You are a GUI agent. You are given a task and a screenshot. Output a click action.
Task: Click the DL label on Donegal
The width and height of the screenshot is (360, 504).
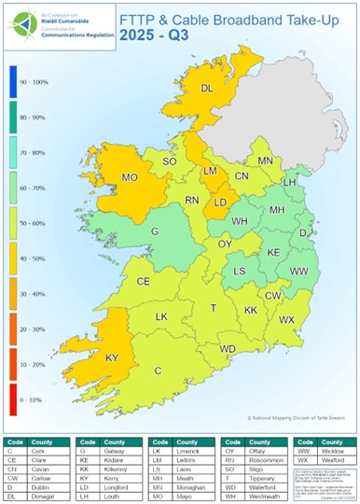click(206, 90)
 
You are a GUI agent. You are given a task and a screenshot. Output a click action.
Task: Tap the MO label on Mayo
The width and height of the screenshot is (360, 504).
click(131, 176)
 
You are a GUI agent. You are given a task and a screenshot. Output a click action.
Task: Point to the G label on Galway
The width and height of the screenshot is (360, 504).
click(156, 231)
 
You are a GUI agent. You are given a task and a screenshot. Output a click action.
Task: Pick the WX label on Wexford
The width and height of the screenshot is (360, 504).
click(286, 319)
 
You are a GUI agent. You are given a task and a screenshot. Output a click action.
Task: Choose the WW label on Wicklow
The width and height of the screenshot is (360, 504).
click(298, 271)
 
